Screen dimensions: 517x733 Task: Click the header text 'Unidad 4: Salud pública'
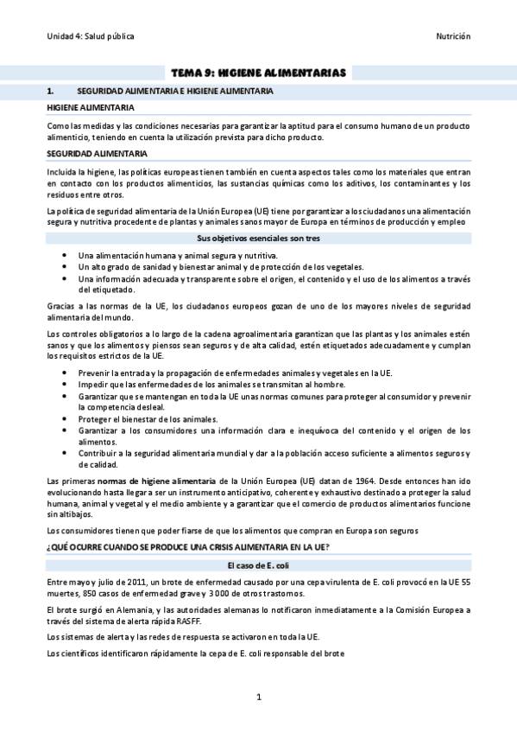coord(91,35)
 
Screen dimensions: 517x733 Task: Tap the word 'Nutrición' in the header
coord(452,35)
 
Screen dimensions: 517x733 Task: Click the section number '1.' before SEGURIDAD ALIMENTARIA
coord(52,90)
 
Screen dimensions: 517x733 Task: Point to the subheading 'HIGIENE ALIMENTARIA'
coord(91,107)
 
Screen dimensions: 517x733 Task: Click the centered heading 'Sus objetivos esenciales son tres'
coord(258,237)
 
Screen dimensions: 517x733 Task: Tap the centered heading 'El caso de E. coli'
coord(258,564)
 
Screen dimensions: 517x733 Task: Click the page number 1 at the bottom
coord(258,696)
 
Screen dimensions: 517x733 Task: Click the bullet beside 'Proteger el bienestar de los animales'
coord(66,418)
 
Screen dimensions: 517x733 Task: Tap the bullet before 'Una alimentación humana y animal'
coord(66,256)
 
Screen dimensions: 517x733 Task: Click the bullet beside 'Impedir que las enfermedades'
coord(66,384)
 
